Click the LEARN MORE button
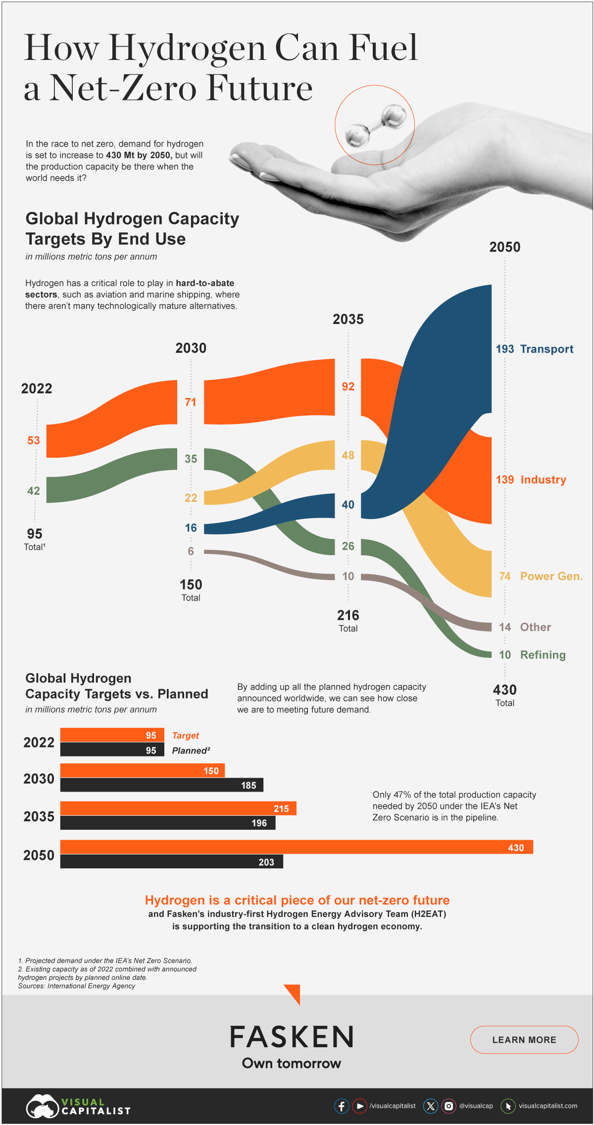[524, 1039]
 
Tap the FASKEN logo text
[292, 1037]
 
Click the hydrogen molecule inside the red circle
[375, 125]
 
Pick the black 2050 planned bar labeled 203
[171, 861]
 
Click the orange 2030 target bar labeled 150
[142, 770]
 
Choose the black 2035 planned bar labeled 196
[167, 823]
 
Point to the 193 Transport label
[534, 349]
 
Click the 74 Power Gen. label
[540, 576]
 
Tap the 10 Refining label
[532, 655]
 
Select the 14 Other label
[525, 627]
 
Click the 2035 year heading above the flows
[348, 320]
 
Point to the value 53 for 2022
[33, 440]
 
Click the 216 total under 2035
[348, 616]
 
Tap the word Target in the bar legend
[185, 736]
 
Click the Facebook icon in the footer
[342, 1106]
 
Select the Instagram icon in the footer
[448, 1106]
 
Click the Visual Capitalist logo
[78, 1106]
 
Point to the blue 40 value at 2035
[348, 505]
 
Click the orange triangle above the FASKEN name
[294, 993]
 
